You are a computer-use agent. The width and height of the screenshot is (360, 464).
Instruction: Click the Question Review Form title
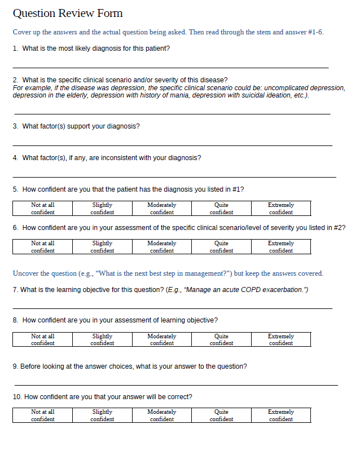67,14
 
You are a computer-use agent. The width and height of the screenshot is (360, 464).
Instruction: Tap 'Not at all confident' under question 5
43,209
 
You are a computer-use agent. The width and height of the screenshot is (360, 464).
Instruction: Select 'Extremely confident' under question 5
280,209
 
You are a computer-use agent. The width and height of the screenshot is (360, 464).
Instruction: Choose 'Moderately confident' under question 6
162,247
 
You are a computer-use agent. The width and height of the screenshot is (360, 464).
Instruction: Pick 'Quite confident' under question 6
221,247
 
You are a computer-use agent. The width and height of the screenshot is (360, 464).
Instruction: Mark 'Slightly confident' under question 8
102,339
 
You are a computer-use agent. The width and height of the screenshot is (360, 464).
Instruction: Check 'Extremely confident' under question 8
280,339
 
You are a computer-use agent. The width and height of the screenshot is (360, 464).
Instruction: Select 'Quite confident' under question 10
221,416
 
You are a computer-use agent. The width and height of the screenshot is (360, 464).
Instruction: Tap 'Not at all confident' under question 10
43,416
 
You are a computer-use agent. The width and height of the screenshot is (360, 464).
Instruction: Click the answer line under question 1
169,67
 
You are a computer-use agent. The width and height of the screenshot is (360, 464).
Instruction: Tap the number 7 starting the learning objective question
15,290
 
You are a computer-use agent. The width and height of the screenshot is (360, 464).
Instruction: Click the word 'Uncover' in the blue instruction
25,273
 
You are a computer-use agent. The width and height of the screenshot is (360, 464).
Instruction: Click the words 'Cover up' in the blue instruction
25,32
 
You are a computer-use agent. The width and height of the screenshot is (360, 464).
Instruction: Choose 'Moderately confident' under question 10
162,416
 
